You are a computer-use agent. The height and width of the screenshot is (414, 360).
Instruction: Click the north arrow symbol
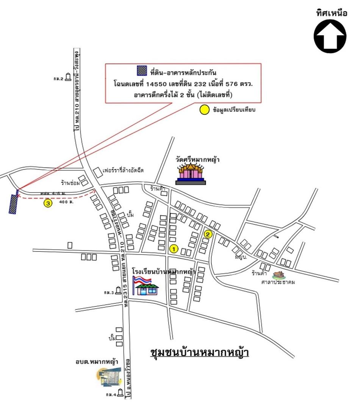pos(330,36)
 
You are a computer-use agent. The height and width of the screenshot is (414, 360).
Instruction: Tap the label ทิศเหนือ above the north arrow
pos(332,13)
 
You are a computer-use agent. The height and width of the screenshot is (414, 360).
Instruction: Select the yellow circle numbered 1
pos(173,249)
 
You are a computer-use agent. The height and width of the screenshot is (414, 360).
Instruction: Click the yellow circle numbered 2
pos(208,234)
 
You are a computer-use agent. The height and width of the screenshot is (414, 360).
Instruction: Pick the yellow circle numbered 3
pos(48,203)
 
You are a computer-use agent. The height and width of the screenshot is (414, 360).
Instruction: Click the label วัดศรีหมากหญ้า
pos(197,159)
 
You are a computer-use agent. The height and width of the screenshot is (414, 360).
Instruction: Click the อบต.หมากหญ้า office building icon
pos(108,377)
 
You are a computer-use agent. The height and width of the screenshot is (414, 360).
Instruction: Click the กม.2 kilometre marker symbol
pos(68,77)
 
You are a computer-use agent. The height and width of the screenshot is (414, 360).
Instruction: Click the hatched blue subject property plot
pos(14,204)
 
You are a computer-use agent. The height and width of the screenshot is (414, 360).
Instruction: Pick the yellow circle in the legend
pos(204,110)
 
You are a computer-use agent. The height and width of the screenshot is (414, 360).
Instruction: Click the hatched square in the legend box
pos(141,71)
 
